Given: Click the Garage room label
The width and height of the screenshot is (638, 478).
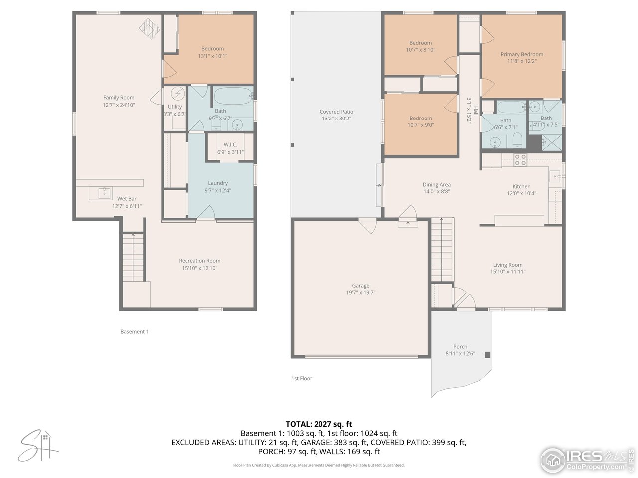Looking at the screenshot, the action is (360, 286).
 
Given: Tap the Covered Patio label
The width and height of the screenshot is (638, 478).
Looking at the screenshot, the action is (336, 112).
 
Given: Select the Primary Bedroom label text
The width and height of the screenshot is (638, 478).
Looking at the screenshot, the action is (522, 54).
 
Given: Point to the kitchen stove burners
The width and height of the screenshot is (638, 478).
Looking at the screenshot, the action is (520, 160).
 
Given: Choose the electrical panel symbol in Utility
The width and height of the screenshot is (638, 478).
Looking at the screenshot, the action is (177, 94).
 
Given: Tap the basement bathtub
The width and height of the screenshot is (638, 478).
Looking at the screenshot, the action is (233, 96).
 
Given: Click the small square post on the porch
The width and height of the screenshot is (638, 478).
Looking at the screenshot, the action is (487, 355).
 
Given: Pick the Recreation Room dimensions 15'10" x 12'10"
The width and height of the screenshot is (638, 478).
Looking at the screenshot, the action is (200, 268).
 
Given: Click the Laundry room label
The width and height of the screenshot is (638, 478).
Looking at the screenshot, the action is (218, 183).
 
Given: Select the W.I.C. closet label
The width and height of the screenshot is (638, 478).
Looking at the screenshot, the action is (230, 144).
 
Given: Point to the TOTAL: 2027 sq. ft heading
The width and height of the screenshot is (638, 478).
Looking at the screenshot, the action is (319, 424).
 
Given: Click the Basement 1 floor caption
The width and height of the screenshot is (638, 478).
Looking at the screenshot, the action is (134, 332).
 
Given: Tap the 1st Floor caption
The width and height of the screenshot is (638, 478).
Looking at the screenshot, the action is (302, 378).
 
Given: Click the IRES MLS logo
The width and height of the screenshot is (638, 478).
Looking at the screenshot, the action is (587, 460).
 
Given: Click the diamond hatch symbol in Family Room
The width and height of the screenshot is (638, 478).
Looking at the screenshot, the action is (149, 29).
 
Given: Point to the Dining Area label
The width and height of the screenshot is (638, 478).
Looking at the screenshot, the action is (436, 184).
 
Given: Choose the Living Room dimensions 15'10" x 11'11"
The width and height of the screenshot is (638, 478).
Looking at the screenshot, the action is (508, 272).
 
